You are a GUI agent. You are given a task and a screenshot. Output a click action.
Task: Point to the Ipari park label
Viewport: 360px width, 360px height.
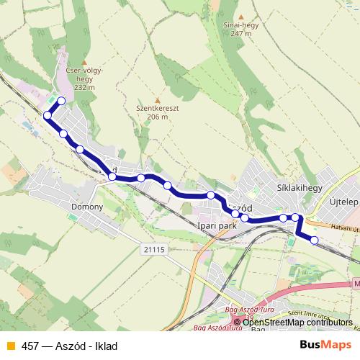(x=217, y=225)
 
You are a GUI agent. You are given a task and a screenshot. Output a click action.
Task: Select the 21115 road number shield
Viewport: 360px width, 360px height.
(x=154, y=249)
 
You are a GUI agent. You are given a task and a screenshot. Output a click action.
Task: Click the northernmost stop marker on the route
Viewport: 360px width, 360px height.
(x=61, y=101)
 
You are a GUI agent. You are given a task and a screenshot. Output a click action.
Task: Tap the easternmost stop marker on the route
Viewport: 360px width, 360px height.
(x=314, y=240)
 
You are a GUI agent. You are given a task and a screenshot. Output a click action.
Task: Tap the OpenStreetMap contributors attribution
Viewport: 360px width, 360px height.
(x=297, y=322)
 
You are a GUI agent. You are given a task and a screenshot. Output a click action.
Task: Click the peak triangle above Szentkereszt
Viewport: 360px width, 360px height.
(x=157, y=100)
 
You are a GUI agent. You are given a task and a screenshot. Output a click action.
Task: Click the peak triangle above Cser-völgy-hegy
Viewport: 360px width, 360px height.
(x=84, y=63)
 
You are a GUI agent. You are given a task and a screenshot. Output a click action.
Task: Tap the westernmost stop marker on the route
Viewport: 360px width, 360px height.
(x=48, y=115)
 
